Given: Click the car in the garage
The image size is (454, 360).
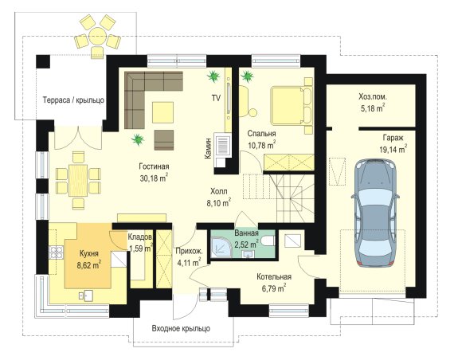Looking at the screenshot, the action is coord(375,213).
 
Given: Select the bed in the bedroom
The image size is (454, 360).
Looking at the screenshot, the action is coord(292,106).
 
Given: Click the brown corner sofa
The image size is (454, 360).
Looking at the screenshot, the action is coord(147,96).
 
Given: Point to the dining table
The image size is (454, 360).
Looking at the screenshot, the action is coord(78,179).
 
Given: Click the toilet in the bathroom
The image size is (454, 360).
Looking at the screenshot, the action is coord(267,241).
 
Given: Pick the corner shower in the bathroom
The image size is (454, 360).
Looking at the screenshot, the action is coord(221,248).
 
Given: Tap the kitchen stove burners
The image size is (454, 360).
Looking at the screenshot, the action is coord(56,252).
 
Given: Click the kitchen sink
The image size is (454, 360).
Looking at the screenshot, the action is coord(86,295).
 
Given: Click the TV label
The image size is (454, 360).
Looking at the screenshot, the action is coord(216,98).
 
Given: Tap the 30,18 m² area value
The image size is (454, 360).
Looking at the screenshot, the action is coord(154,178).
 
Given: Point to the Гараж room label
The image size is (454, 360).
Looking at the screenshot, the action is coord(393,138).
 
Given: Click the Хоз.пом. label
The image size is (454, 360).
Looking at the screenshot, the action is coord(372,96).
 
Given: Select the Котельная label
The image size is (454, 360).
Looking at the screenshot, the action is coord(274,277).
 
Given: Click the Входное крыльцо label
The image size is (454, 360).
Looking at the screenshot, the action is coord(181,328).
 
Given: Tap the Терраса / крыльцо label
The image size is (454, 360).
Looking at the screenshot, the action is coord(73,100).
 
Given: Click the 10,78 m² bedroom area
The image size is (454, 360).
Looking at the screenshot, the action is coord(262,145).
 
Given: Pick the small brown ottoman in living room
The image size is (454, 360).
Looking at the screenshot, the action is coord(164,140).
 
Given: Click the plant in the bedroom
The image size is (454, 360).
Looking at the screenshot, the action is coord(247,76).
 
